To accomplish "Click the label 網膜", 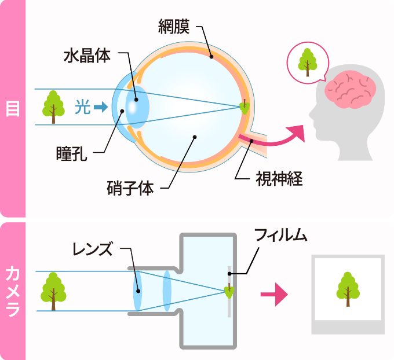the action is (174, 27).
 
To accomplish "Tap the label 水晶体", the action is (87, 56).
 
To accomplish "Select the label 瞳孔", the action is (72, 153).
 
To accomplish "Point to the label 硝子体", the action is (130, 188).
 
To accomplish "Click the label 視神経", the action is (279, 178).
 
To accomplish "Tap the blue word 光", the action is (83, 107).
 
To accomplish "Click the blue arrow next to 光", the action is (101, 107).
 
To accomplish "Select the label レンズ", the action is (92, 248).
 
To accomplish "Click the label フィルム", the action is (280, 235).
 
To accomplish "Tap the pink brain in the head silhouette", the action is (351, 89).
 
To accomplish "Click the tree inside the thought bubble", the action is (308, 63).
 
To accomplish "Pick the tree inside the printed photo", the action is (348, 289).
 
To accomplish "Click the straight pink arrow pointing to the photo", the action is (274, 295).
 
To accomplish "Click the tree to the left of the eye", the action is (53, 107).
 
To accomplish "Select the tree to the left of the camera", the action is (53, 291).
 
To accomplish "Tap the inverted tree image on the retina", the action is (245, 106).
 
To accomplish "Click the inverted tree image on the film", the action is (229, 291).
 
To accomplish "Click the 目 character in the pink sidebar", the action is (13, 109).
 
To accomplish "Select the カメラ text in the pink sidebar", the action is (13, 291).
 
